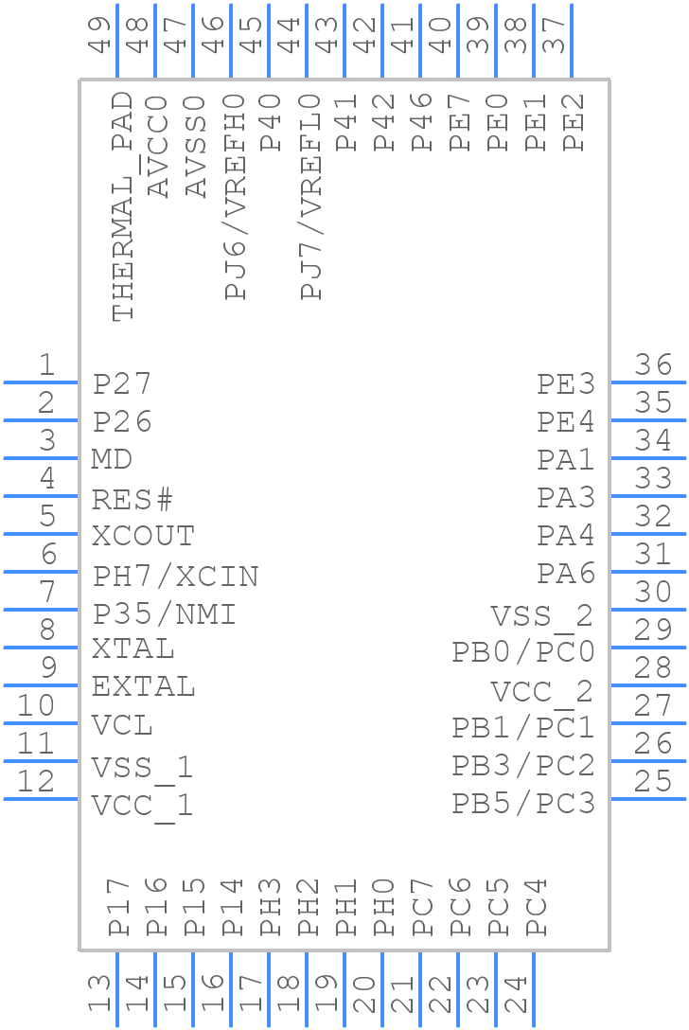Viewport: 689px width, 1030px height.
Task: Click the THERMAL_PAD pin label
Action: [x=123, y=206]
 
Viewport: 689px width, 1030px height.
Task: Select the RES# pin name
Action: [x=132, y=499]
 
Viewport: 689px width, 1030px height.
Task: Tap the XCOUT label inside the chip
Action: [x=143, y=537]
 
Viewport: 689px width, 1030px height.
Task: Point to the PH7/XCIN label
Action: [x=175, y=576]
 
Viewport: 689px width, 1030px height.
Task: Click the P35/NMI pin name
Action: [x=164, y=614]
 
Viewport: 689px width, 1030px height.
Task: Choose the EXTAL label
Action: [x=143, y=686]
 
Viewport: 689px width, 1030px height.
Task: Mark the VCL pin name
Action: [x=122, y=726]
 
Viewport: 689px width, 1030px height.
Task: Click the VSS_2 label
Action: [x=541, y=616]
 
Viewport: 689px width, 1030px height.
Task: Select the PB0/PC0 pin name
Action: [x=522, y=652]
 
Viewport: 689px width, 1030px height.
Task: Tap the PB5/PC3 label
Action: [x=522, y=804]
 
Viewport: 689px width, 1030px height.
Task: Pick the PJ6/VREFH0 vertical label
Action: [x=236, y=197]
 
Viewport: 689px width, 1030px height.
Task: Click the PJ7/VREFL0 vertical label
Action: [x=311, y=197]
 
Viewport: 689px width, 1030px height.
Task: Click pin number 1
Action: [x=45, y=364]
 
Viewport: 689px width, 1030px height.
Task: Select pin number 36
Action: [x=653, y=364]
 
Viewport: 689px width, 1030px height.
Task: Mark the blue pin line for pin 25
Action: [x=648, y=799]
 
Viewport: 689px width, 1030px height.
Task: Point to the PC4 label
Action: [x=535, y=907]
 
